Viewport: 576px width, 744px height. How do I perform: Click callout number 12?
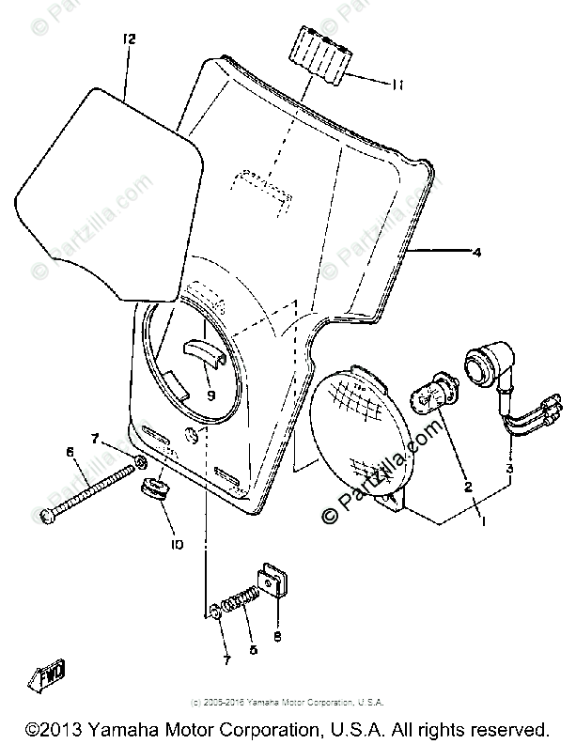click(130, 39)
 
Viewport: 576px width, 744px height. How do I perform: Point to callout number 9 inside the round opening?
click(210, 395)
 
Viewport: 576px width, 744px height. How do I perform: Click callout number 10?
click(177, 544)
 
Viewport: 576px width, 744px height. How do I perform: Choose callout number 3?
click(508, 468)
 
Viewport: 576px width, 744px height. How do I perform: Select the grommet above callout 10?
click(154, 488)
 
